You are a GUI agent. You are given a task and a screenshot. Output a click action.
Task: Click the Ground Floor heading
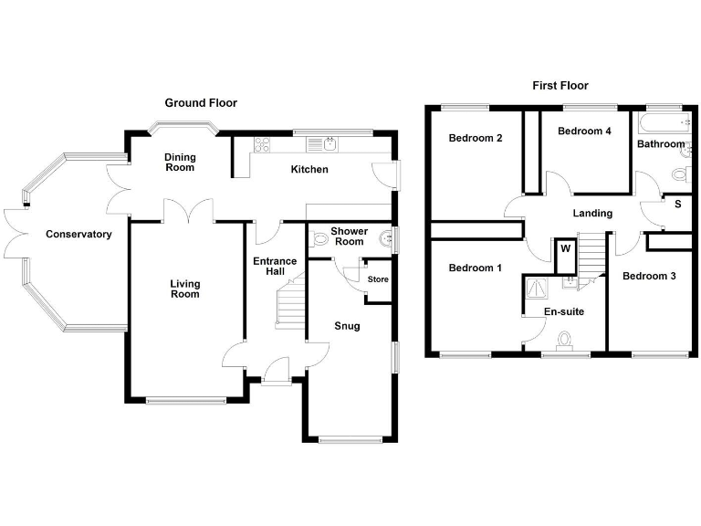click(200, 103)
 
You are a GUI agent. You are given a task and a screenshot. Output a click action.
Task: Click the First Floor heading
click(560, 86)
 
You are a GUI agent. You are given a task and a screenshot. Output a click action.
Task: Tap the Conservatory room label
click(78, 235)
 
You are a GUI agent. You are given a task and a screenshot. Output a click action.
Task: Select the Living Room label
click(184, 289)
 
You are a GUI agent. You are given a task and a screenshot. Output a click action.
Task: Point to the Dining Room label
click(180, 163)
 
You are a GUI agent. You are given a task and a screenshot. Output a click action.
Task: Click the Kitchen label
click(309, 170)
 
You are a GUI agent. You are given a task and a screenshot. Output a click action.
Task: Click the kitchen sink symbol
click(324, 143)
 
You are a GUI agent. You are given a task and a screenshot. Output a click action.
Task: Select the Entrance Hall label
click(275, 267)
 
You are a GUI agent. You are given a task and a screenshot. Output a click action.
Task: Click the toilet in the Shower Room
click(320, 239)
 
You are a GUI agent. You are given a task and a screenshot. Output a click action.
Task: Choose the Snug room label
click(347, 326)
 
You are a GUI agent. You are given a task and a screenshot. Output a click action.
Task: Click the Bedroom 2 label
click(475, 139)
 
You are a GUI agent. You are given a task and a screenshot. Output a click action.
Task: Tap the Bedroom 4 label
click(584, 131)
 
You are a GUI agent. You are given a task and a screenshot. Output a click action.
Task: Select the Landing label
click(592, 214)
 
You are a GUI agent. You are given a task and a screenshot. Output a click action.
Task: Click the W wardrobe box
click(565, 247)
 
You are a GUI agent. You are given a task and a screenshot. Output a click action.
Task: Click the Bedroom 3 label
click(649, 276)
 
